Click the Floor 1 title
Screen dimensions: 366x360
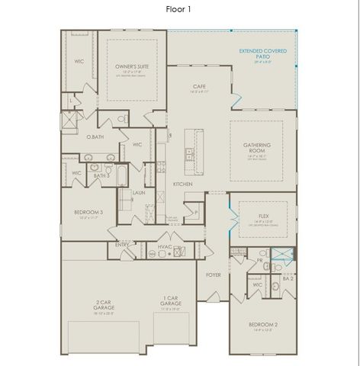pyautogui.click(x=180, y=9)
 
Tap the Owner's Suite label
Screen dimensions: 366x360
pyautogui.click(x=131, y=67)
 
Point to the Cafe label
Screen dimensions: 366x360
pyautogui.click(x=200, y=86)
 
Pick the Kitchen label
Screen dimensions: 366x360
pyautogui.click(x=182, y=185)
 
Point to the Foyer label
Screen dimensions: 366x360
pyautogui.click(x=214, y=274)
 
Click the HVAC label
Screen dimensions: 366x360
pyautogui.click(x=163, y=246)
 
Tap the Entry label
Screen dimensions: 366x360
pyautogui.click(x=122, y=245)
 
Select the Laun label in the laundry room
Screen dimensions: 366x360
pyautogui.click(x=139, y=193)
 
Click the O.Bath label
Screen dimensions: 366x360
pyautogui.click(x=95, y=137)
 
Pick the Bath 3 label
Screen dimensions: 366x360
pyautogui.click(x=101, y=175)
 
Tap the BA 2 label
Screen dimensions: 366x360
pyautogui.click(x=288, y=280)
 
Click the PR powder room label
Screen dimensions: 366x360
pyautogui.click(x=259, y=260)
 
